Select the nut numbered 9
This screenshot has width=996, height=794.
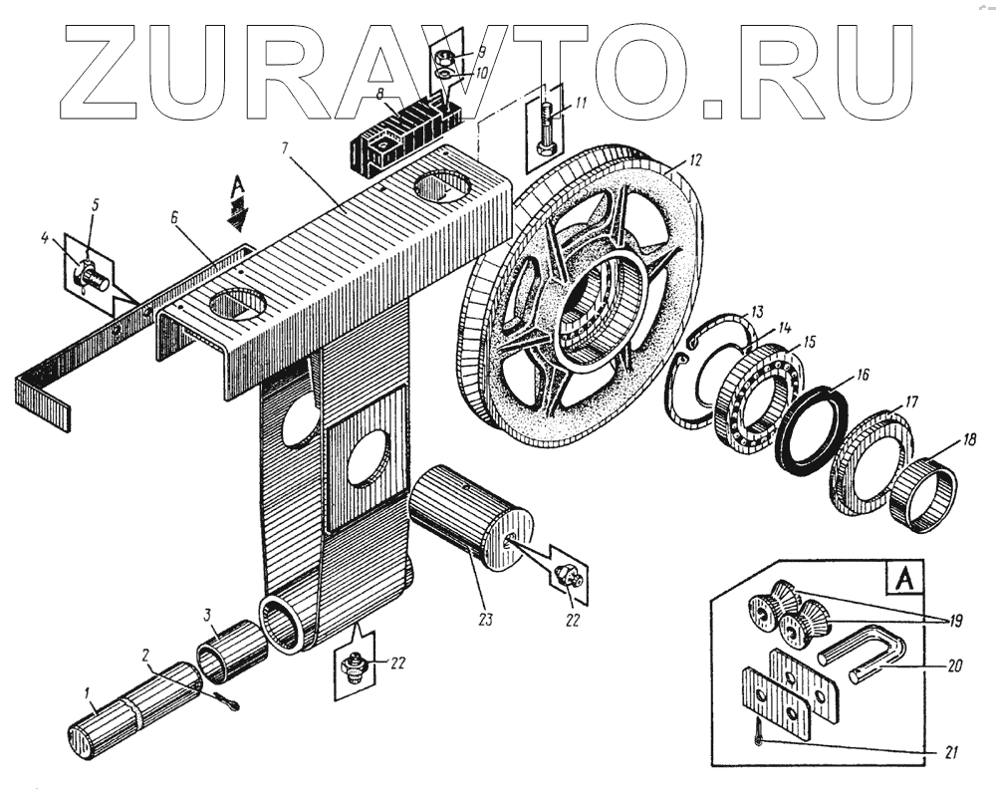point(445,55)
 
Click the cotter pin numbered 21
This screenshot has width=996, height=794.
point(759,738)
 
